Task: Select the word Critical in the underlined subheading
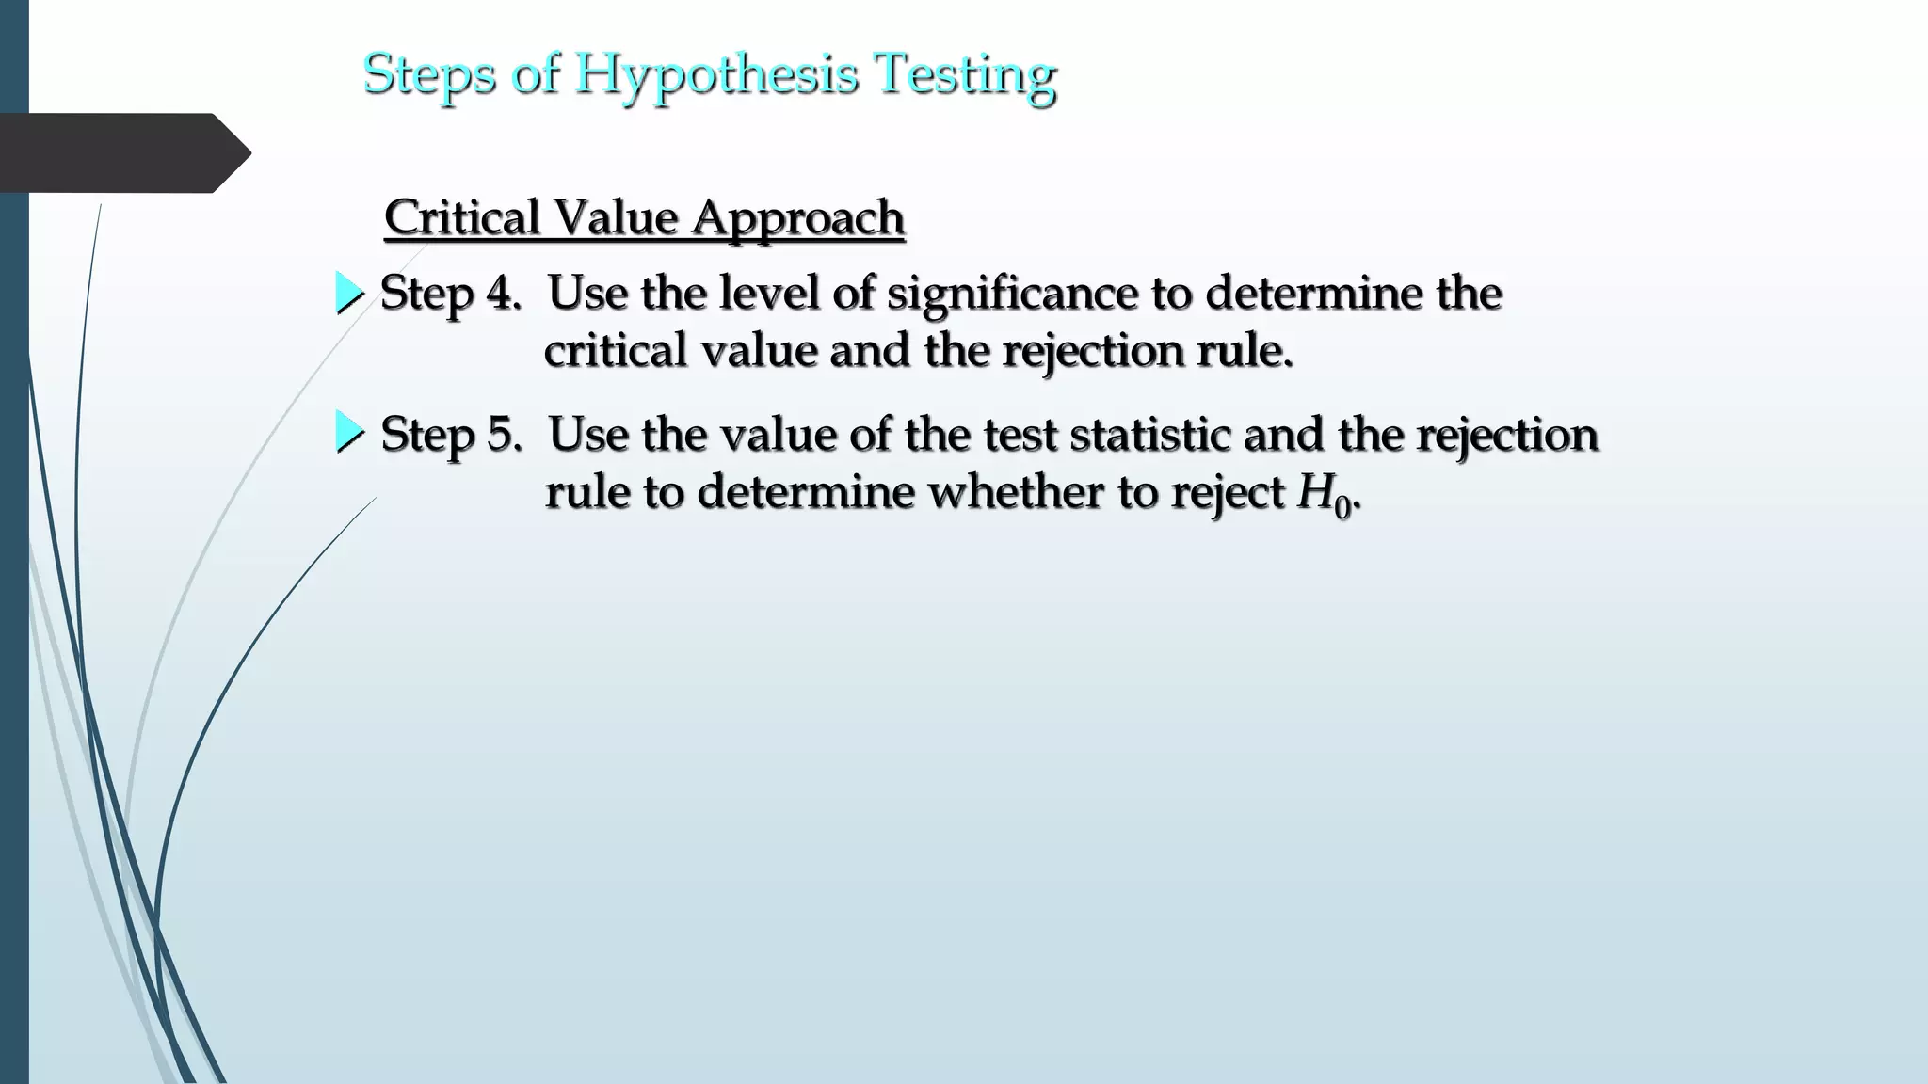pos(460,217)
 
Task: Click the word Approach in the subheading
pos(798,217)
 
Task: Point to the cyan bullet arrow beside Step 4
pos(349,294)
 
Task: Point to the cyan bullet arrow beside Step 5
pos(349,434)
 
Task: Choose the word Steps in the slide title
pos(428,74)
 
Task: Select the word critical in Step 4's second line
pos(616,351)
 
